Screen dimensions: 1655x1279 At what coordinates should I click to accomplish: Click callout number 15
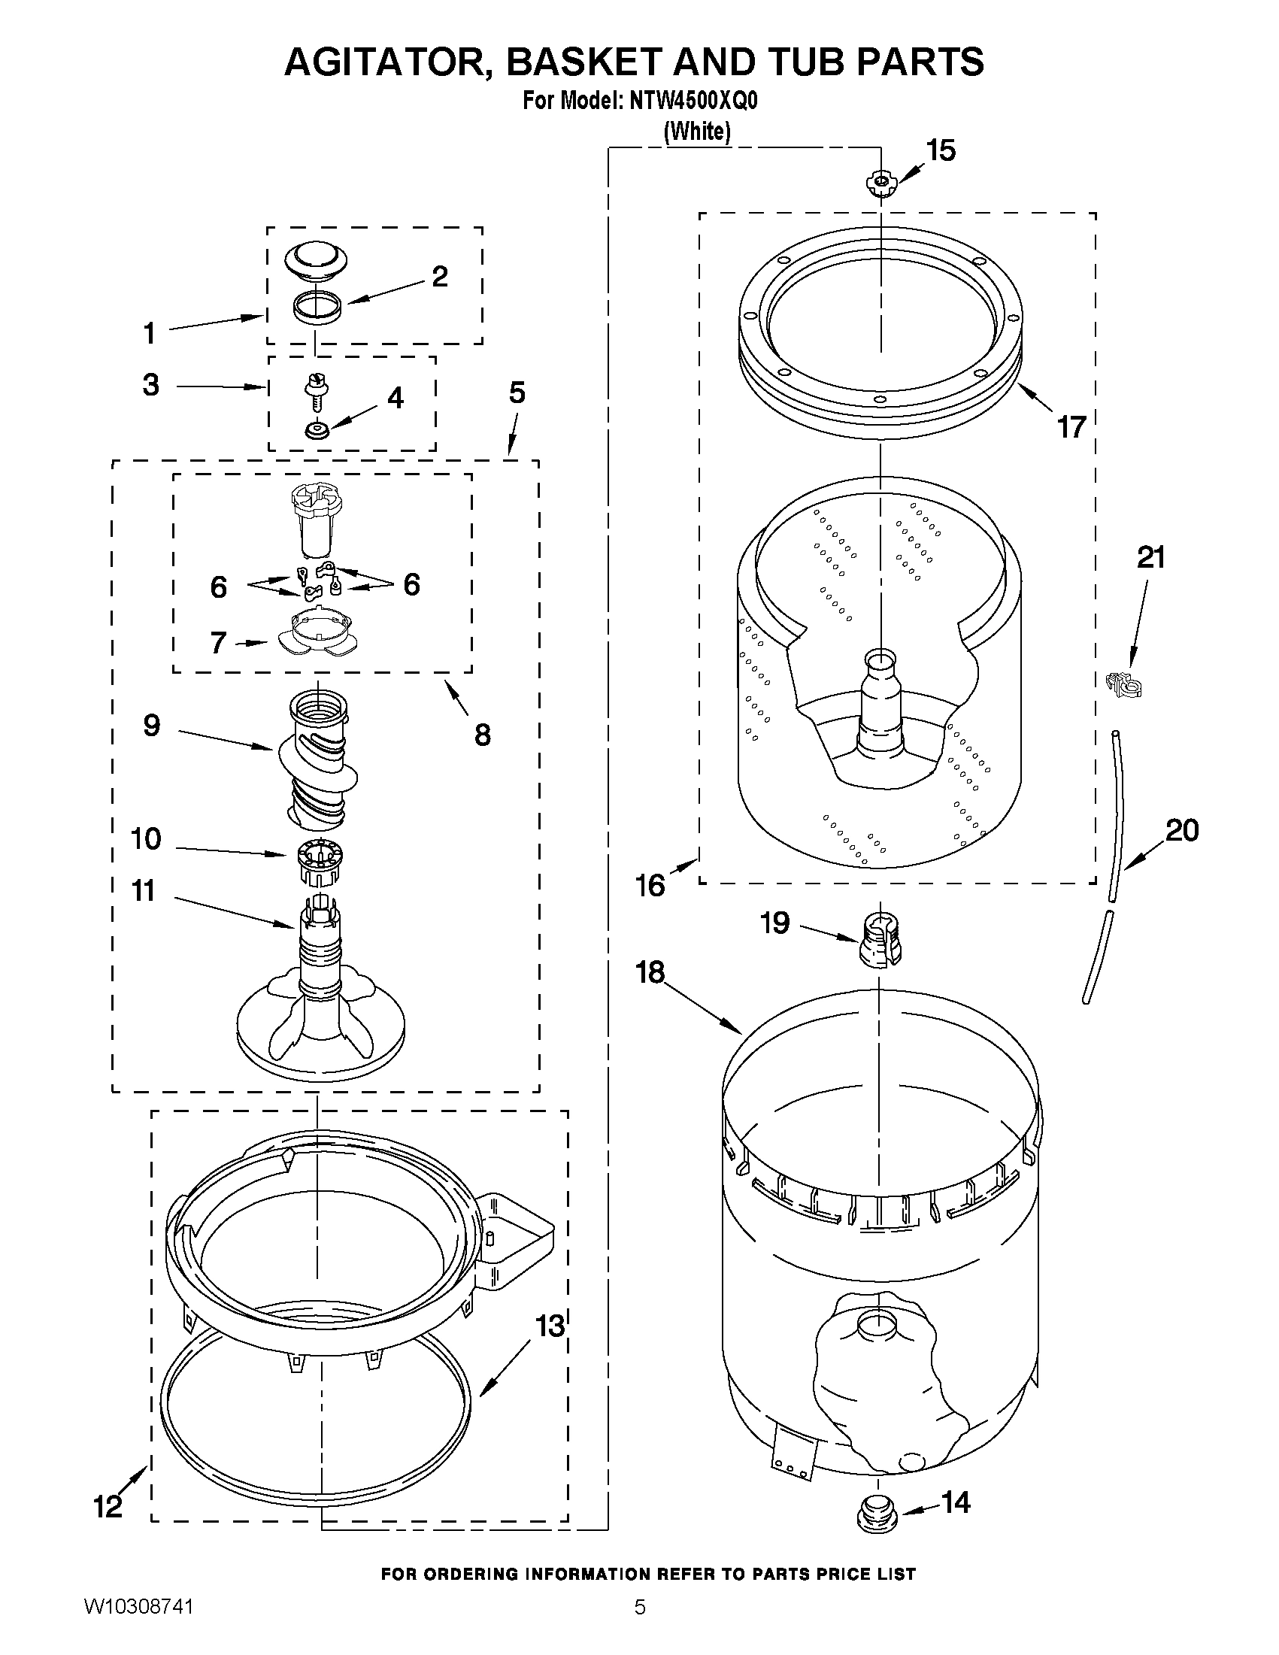click(941, 151)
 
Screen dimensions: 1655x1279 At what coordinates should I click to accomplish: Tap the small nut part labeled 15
click(880, 183)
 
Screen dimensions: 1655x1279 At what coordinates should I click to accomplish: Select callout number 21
click(1150, 558)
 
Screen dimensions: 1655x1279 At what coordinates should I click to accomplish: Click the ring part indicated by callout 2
click(317, 308)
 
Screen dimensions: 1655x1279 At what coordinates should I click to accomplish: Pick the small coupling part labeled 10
click(315, 860)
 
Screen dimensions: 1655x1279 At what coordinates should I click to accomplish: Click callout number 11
click(144, 891)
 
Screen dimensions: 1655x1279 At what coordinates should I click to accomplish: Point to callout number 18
click(650, 972)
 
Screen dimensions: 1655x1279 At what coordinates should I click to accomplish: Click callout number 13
click(550, 1326)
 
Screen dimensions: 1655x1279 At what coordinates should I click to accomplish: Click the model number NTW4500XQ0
click(693, 102)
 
